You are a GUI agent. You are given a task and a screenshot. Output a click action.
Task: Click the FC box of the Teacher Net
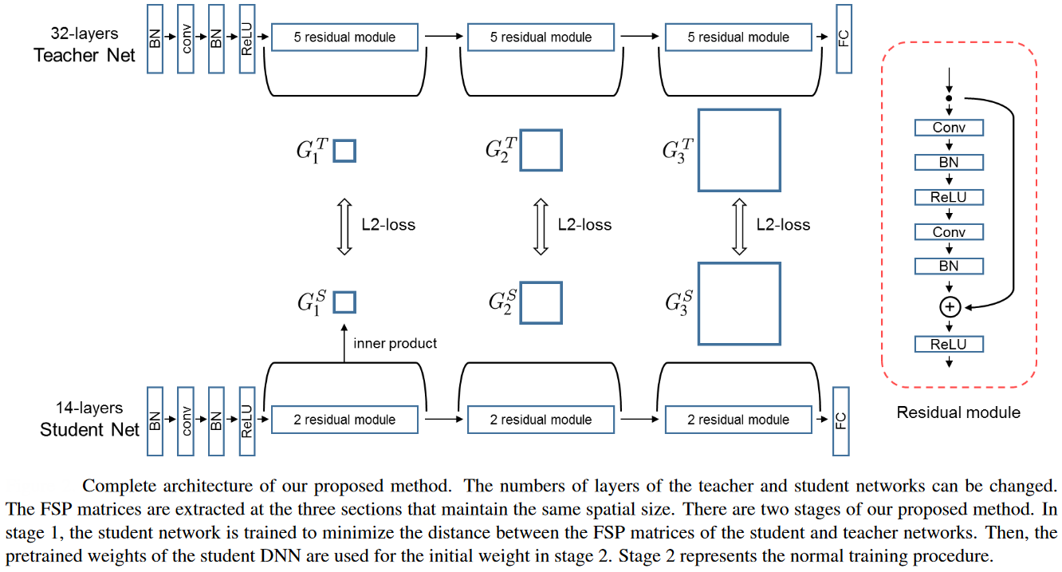click(844, 38)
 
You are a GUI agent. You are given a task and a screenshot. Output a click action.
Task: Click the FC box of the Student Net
click(840, 420)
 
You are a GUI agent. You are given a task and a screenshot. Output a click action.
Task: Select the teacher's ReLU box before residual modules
click(246, 38)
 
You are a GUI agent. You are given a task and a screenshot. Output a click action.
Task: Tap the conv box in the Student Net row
click(186, 420)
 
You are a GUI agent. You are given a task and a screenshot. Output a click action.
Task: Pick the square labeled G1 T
click(344, 151)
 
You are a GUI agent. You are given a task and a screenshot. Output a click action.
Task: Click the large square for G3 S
click(738, 303)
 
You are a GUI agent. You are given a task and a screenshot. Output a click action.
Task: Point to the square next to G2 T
click(541, 150)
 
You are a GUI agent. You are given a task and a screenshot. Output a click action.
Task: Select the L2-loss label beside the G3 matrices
click(783, 225)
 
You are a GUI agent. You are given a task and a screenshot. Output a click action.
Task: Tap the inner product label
click(395, 344)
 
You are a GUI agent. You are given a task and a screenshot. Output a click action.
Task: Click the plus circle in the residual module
click(949, 306)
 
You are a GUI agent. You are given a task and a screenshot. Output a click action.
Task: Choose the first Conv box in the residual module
click(949, 128)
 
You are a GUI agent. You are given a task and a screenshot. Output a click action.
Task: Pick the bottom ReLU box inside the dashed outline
click(949, 345)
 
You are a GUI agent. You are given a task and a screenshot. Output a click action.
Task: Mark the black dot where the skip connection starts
click(949, 99)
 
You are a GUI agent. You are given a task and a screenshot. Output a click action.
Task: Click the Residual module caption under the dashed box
click(958, 412)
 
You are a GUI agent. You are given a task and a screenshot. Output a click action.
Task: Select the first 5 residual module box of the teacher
click(344, 37)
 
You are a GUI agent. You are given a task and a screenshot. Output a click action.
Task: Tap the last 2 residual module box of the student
click(738, 420)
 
